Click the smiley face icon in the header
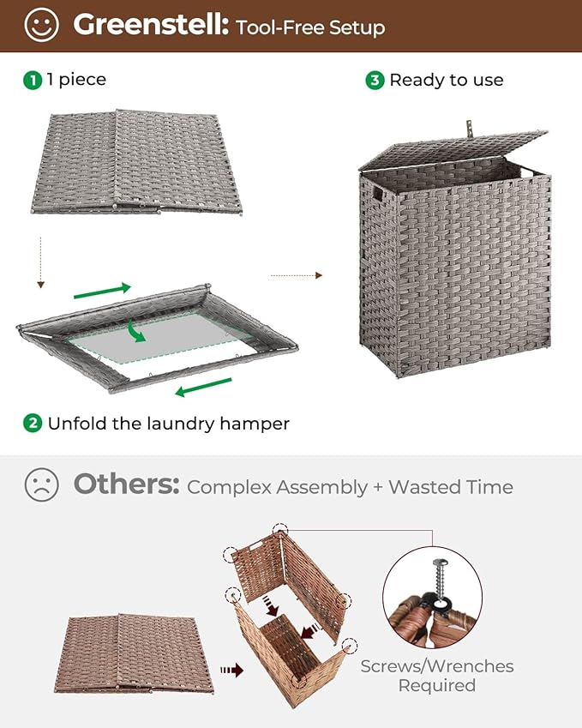41,25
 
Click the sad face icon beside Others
41,485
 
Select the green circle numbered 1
33,80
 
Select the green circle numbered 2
33,423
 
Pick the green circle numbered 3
375,80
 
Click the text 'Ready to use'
446,80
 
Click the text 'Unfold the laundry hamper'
168,423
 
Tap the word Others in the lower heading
126,485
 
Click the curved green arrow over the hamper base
134,329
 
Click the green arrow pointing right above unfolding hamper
102,290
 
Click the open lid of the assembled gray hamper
454,148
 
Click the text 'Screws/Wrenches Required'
436,676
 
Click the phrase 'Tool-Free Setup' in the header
310,27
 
